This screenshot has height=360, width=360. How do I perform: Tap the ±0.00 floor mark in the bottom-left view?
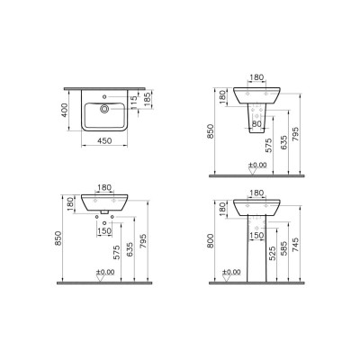tap(105, 271)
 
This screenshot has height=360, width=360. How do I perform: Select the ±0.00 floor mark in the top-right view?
tap(256, 165)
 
